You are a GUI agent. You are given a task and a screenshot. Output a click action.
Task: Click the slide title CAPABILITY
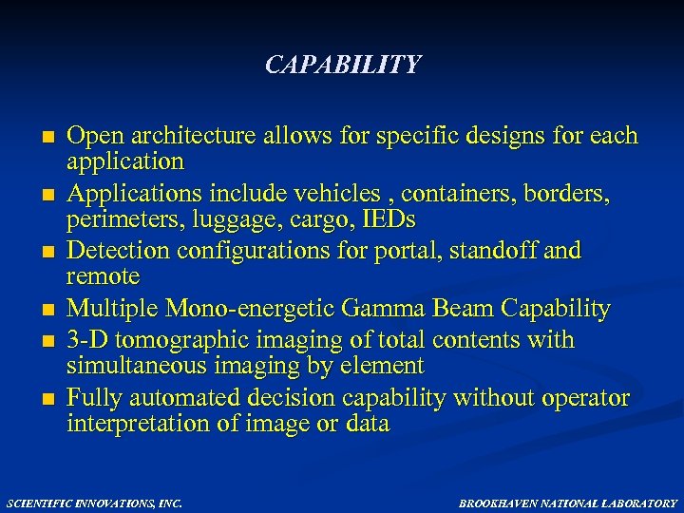[342, 65]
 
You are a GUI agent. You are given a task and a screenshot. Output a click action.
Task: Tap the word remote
[103, 276]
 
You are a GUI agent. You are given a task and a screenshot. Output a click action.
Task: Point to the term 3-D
[86, 340]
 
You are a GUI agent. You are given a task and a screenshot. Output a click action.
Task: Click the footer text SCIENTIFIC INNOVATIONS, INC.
[94, 503]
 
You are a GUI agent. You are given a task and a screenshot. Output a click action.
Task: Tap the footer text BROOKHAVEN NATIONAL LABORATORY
[568, 503]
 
